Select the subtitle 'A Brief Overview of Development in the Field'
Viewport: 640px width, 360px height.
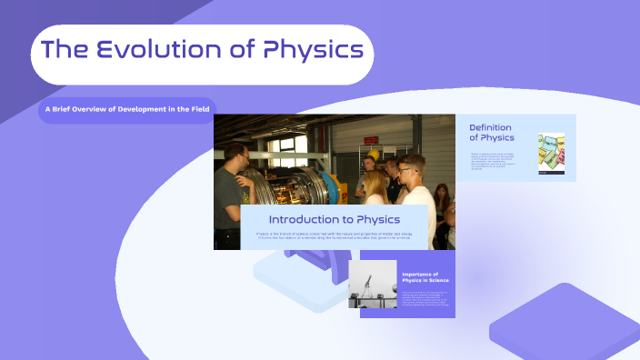(127, 110)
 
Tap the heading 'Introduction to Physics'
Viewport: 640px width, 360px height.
(334, 219)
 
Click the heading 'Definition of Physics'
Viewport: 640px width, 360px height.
(491, 133)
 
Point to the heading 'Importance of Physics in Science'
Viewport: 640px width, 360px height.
(420, 277)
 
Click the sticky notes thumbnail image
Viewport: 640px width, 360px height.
(551, 153)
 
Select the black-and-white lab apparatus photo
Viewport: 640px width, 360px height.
(373, 285)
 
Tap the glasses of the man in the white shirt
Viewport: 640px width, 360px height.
(406, 169)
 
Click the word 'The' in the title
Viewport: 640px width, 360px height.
(65, 50)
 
